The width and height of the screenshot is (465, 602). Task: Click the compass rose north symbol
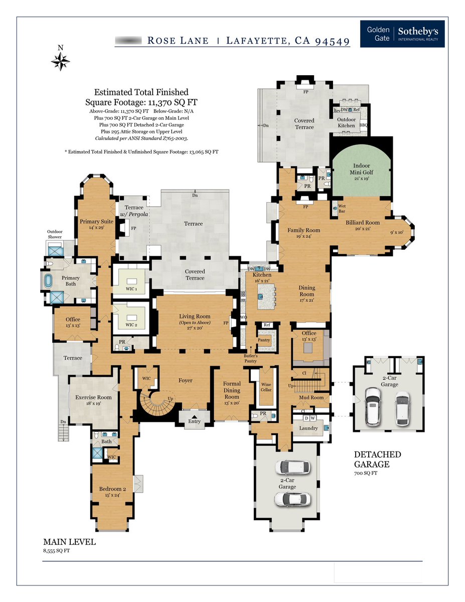tap(60, 60)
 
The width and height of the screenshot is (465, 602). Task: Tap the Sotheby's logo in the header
tap(402, 34)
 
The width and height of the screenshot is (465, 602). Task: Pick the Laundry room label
tap(308, 428)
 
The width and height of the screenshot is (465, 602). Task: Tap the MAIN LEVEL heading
tap(69, 542)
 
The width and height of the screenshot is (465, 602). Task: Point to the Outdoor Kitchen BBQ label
tap(364, 125)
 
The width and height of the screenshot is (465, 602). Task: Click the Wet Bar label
tap(341, 208)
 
